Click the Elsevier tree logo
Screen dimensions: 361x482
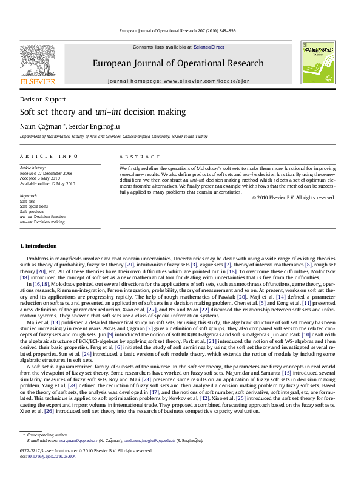[x=38, y=62]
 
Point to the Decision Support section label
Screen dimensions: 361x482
[x=43, y=99]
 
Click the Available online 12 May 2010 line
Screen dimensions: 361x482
[x=48, y=183]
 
